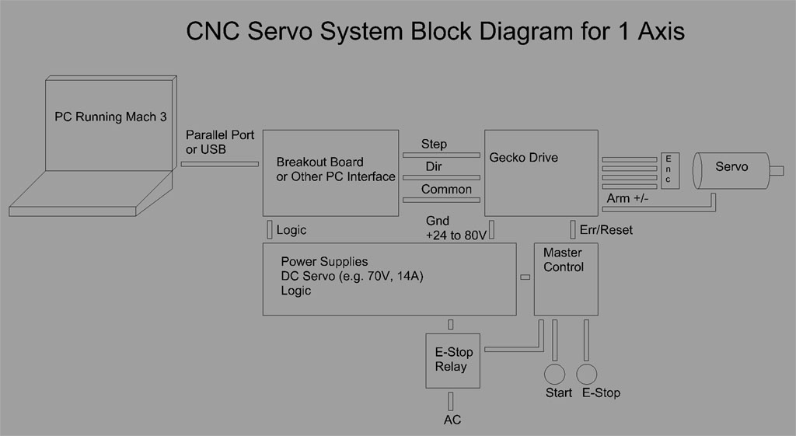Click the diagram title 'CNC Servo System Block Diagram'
(435, 33)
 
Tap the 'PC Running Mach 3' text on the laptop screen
(110, 117)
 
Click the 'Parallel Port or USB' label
(220, 141)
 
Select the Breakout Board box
(330, 173)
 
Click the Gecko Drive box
(541, 173)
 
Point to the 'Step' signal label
(434, 144)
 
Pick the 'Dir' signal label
(434, 166)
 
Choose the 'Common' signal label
(446, 189)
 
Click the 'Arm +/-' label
(629, 198)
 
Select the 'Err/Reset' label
(606, 230)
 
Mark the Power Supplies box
(389, 279)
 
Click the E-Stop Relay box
(453, 360)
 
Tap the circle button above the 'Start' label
(553, 372)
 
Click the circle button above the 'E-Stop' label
(587, 372)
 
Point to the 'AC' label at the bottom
(452, 420)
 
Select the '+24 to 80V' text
(456, 235)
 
